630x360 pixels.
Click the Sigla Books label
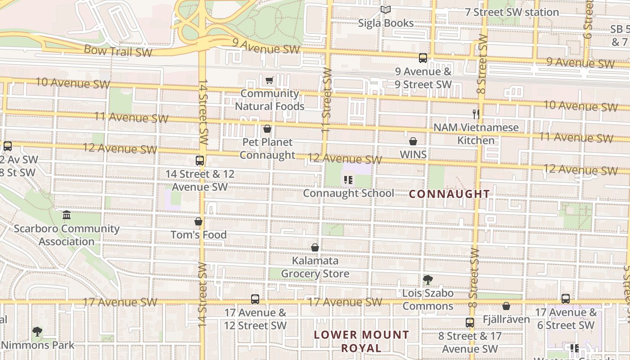(x=386, y=23)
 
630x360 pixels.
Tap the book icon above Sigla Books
(x=386, y=9)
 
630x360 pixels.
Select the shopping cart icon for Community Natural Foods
(x=269, y=81)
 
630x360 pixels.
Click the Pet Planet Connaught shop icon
(x=267, y=129)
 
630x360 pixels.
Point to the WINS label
(x=413, y=154)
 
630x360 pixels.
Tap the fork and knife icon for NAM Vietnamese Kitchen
(x=476, y=114)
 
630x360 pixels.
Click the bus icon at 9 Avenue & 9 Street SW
(x=423, y=58)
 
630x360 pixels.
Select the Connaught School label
(x=348, y=193)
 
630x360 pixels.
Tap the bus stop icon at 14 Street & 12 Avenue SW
(x=200, y=161)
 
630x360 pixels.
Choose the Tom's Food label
(x=198, y=234)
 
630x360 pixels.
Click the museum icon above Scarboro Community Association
(x=67, y=215)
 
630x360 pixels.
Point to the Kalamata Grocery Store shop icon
(x=315, y=247)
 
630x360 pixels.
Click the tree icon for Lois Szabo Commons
(x=427, y=280)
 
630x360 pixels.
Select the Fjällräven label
(x=506, y=319)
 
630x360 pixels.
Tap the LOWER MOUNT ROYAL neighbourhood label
(x=361, y=341)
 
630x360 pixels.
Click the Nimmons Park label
(x=37, y=345)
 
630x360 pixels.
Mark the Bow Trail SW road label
(x=118, y=51)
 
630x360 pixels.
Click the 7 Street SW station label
(x=512, y=12)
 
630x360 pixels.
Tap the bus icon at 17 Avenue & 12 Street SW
(x=255, y=299)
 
